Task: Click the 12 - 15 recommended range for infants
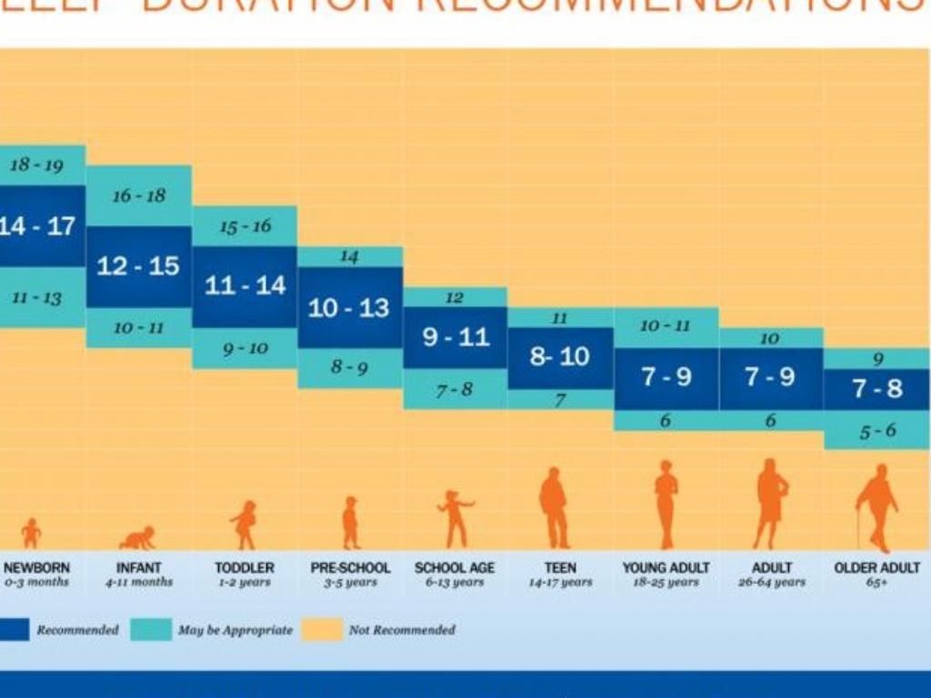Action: coord(138,266)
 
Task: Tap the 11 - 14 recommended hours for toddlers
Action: coord(245,285)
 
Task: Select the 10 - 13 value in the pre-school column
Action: coord(349,308)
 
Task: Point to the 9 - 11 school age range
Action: coord(455,337)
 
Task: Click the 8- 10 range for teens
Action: coord(560,356)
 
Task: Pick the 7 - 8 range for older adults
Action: coord(877,389)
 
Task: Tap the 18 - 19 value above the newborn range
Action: coord(36,165)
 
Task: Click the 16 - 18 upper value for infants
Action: coord(138,195)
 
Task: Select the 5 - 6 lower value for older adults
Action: coord(877,431)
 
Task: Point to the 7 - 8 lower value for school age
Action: coord(455,390)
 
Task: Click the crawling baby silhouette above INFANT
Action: coord(137,538)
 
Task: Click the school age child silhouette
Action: coord(455,518)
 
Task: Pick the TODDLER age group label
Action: coord(245,568)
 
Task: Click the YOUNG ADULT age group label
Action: coord(666,568)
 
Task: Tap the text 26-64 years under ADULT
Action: coord(771,583)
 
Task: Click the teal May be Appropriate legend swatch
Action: coord(150,629)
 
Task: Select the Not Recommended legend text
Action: coord(401,629)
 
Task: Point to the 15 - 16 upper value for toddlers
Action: coord(245,226)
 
